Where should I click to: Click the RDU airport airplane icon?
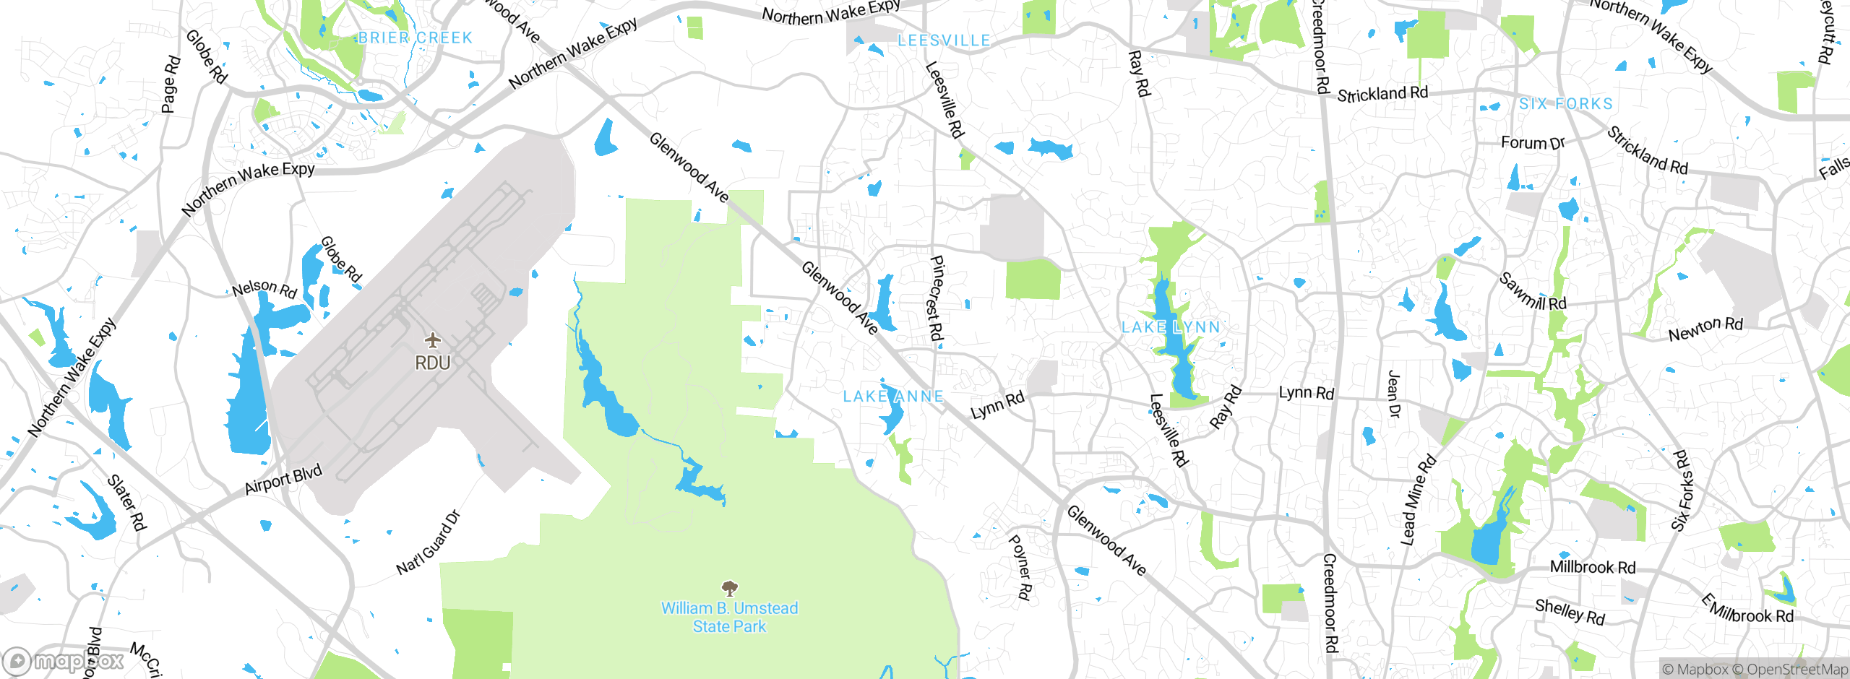(x=432, y=339)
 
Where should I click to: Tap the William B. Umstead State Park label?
(x=729, y=618)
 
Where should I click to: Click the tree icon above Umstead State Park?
(x=730, y=588)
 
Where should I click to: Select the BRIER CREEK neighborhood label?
(x=415, y=38)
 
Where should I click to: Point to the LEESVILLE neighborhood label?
(x=944, y=40)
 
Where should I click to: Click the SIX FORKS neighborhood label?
(x=1566, y=104)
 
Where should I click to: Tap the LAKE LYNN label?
(x=1171, y=327)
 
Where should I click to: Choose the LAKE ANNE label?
(x=893, y=396)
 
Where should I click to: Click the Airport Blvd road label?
(x=283, y=480)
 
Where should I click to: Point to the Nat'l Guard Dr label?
(x=428, y=543)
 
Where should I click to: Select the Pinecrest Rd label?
(x=935, y=298)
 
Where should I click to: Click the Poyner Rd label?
(x=1020, y=567)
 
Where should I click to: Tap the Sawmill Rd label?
(x=1533, y=292)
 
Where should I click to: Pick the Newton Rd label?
(x=1705, y=329)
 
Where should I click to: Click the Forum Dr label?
(x=1532, y=142)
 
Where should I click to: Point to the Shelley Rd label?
(x=1570, y=612)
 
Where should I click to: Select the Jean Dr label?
(x=1394, y=394)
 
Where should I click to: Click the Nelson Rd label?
(x=264, y=288)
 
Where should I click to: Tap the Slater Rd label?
(x=127, y=502)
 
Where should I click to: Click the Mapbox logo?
(x=64, y=661)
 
